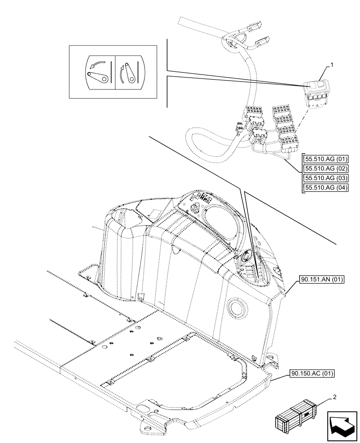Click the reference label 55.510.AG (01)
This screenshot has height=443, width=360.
(x=325, y=159)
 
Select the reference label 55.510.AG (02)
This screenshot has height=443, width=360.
(x=325, y=168)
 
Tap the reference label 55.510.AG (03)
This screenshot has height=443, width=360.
(x=325, y=178)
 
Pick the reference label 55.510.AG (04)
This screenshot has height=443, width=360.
(x=325, y=188)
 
